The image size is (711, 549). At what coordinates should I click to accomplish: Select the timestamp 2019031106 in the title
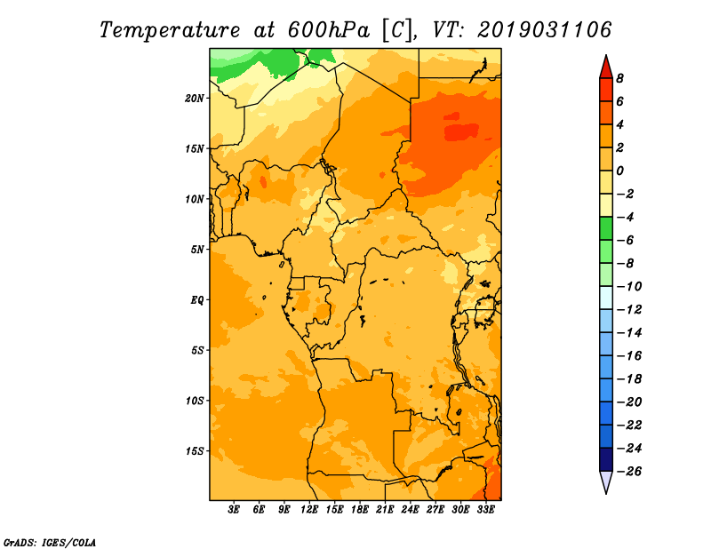click(x=545, y=29)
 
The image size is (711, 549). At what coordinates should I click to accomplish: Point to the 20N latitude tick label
click(x=195, y=98)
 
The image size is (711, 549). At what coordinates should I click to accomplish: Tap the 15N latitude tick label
click(x=195, y=148)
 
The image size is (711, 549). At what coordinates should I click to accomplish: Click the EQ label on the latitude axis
click(x=197, y=299)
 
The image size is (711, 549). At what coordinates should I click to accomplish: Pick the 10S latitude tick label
click(x=195, y=401)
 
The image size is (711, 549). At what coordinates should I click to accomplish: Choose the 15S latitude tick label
click(x=195, y=451)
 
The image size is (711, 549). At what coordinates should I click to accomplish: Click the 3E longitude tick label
click(x=235, y=511)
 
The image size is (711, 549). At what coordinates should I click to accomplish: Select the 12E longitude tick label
click(x=310, y=511)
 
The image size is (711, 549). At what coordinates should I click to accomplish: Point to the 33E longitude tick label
click(x=486, y=511)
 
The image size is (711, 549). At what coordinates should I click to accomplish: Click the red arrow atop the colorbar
click(x=606, y=67)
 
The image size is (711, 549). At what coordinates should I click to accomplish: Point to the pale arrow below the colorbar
click(x=606, y=482)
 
